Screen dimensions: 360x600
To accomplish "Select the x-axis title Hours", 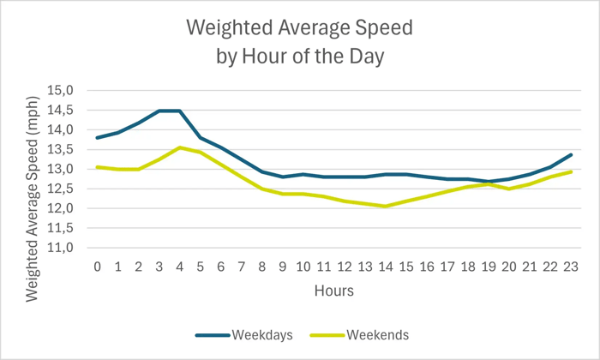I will [x=333, y=291].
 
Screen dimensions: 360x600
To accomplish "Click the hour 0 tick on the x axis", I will [x=98, y=267].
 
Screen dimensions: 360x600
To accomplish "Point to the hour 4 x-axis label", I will [x=179, y=267].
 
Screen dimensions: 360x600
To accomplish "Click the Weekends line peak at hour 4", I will [x=179, y=147].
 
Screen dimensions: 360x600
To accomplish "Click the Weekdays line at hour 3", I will [x=159, y=111].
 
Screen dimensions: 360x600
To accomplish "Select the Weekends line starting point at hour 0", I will [x=98, y=167].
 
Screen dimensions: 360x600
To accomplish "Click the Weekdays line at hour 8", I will [x=261, y=171].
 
